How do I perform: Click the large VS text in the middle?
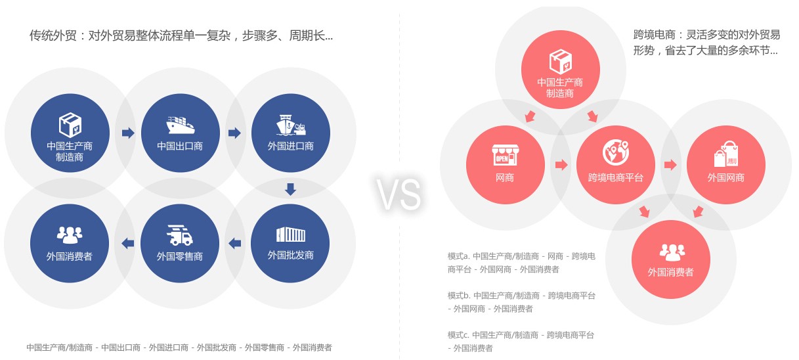tap(399, 194)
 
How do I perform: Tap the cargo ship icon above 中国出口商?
tap(181, 125)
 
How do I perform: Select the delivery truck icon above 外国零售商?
tap(180, 235)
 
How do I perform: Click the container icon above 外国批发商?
tap(291, 235)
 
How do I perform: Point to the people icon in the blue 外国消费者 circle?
tap(70, 235)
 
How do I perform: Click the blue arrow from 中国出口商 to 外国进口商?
tap(234, 133)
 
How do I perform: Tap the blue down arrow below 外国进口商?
tap(290, 189)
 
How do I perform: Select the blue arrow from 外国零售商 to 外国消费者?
tap(128, 244)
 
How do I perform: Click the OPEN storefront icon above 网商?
tap(505, 155)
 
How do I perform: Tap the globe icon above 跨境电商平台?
tap(616, 152)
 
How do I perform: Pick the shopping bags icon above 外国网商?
tap(726, 154)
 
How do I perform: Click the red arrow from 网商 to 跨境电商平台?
tap(561, 165)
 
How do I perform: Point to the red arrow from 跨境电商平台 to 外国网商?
tap(670, 165)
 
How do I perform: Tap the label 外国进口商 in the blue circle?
tap(291, 146)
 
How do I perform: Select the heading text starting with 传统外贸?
tap(181, 35)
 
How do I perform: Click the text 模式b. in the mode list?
tap(458, 296)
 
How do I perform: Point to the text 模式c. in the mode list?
tap(458, 335)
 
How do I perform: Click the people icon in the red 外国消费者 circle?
tap(672, 252)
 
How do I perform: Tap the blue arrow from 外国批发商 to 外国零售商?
tap(234, 244)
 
